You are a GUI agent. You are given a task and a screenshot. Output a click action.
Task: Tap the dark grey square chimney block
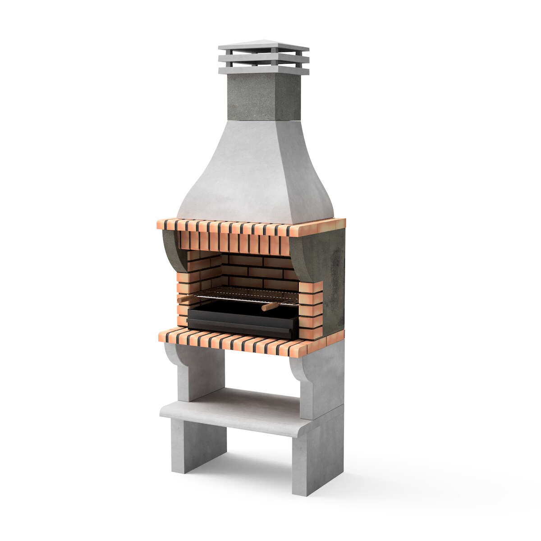264,97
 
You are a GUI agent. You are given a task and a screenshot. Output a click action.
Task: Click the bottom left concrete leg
205,446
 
